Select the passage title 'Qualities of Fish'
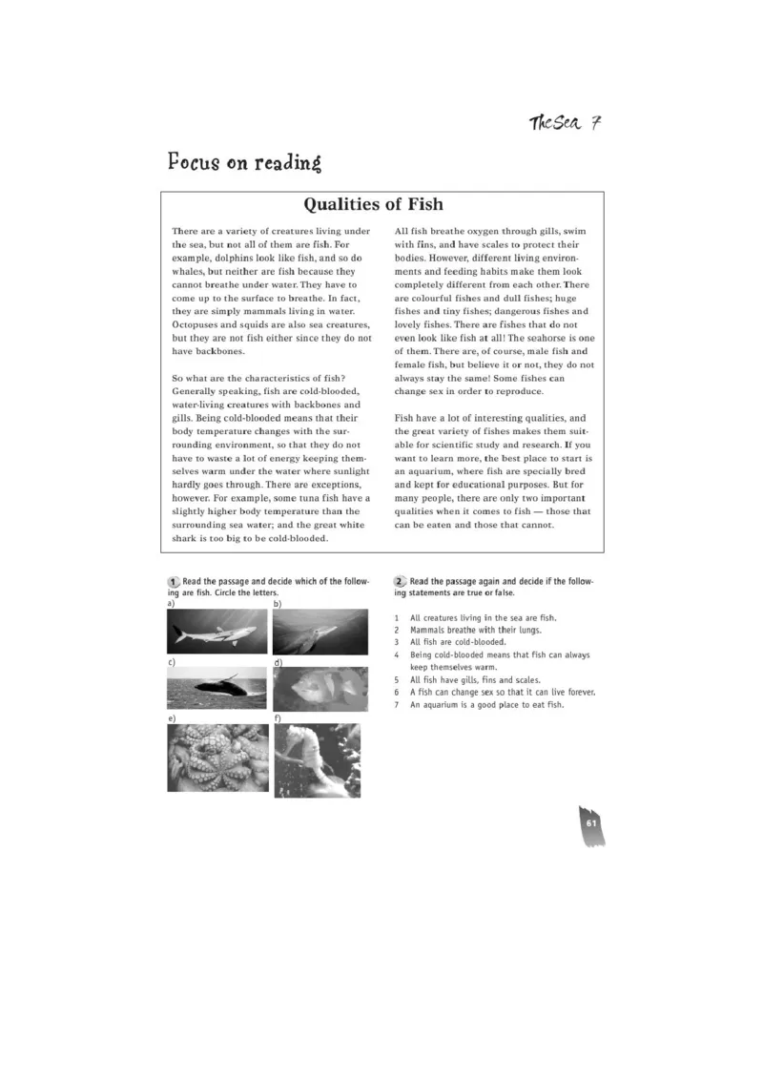(373, 204)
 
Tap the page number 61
(590, 822)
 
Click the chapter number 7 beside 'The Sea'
(595, 123)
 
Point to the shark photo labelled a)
(217, 632)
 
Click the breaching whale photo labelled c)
(217, 687)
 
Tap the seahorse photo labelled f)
(318, 760)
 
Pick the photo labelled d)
(320, 689)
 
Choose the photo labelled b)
(320, 632)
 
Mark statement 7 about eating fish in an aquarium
(486, 704)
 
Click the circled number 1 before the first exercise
(174, 582)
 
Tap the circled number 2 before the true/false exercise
(401, 582)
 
